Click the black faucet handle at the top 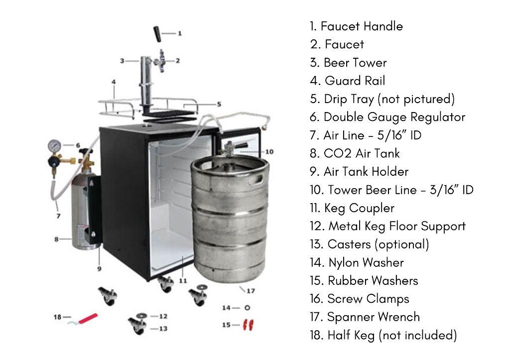157,34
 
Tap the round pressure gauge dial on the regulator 54,146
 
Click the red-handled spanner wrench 83,319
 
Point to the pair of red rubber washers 248,325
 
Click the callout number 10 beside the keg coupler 269,151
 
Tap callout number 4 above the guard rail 114,82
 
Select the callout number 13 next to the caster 163,329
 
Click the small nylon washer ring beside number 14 247,308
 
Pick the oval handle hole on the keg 255,180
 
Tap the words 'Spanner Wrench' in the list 374,317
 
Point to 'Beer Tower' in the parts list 355,62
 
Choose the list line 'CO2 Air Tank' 362,153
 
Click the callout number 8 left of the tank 57,240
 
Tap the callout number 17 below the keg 251,291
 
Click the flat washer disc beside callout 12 141,316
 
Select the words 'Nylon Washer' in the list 366,262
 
